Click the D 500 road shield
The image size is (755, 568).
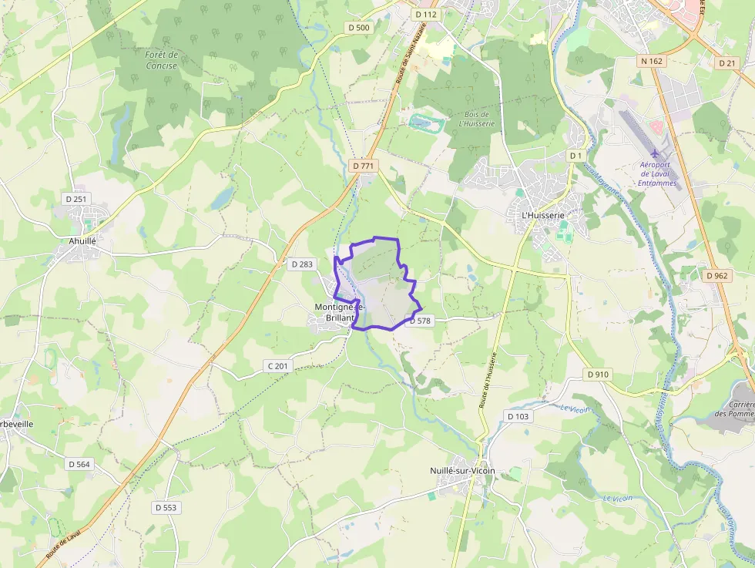click(357, 28)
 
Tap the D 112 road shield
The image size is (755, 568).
click(425, 15)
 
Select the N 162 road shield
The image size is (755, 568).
click(651, 60)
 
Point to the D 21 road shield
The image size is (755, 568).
click(726, 63)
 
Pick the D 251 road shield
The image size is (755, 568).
click(76, 199)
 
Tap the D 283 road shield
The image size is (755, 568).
click(302, 264)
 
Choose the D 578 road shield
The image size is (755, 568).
click(420, 321)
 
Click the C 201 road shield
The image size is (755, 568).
click(278, 365)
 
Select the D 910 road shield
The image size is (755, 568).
click(597, 375)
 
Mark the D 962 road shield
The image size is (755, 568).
click(716, 275)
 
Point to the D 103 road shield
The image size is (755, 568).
click(518, 416)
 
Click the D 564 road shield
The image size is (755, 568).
click(79, 464)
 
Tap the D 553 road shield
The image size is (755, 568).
click(165, 507)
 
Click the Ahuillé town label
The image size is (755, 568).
click(82, 240)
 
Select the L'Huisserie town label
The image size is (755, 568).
click(543, 216)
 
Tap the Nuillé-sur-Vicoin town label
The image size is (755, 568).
click(462, 471)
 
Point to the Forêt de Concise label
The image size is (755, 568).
click(161, 60)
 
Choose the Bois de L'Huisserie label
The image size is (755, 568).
click(474, 118)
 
